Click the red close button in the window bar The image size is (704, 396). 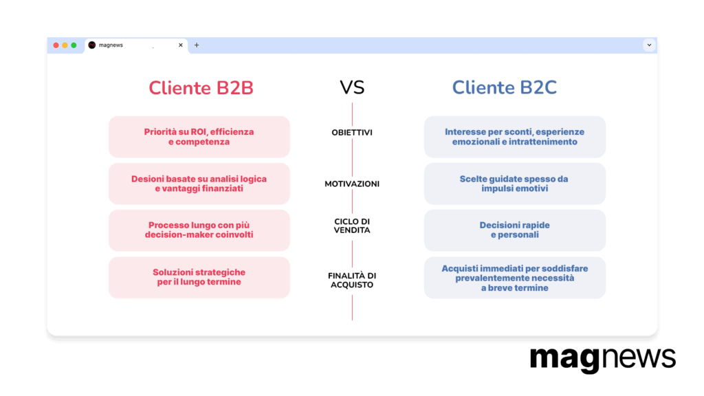56,45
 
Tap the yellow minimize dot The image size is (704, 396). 65,45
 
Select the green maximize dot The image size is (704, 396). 74,45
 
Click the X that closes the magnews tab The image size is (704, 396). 181,45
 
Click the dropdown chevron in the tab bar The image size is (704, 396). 649,45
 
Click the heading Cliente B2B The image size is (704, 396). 201,87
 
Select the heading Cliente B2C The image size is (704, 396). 504,87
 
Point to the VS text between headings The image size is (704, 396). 352,87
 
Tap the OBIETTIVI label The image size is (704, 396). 352,133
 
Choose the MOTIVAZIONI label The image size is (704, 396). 352,184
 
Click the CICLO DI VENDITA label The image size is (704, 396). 352,225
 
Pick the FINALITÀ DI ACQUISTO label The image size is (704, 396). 352,280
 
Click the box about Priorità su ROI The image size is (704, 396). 199,137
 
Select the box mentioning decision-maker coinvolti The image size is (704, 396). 199,230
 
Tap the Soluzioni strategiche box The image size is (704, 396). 199,278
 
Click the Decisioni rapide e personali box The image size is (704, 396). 515,230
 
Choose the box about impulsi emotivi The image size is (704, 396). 515,184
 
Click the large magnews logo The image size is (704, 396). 602,359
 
